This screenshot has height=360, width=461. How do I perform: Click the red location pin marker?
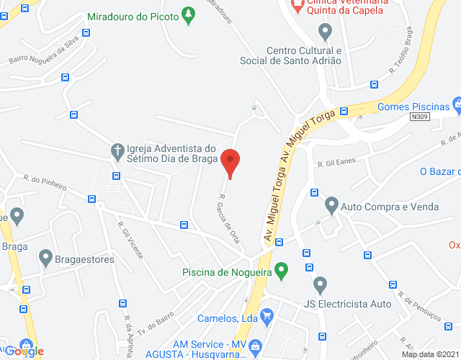click(230, 162)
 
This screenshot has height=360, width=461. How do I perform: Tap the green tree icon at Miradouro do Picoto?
click(189, 15)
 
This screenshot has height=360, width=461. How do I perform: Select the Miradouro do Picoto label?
click(133, 17)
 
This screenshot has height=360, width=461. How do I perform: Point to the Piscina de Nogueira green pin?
click(282, 271)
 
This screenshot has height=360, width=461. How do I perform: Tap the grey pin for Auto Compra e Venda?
click(331, 205)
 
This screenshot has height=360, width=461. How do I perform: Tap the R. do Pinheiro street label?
click(45, 182)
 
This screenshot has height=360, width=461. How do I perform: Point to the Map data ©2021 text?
click(429, 354)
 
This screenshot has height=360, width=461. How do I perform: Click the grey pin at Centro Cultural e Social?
click(325, 32)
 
